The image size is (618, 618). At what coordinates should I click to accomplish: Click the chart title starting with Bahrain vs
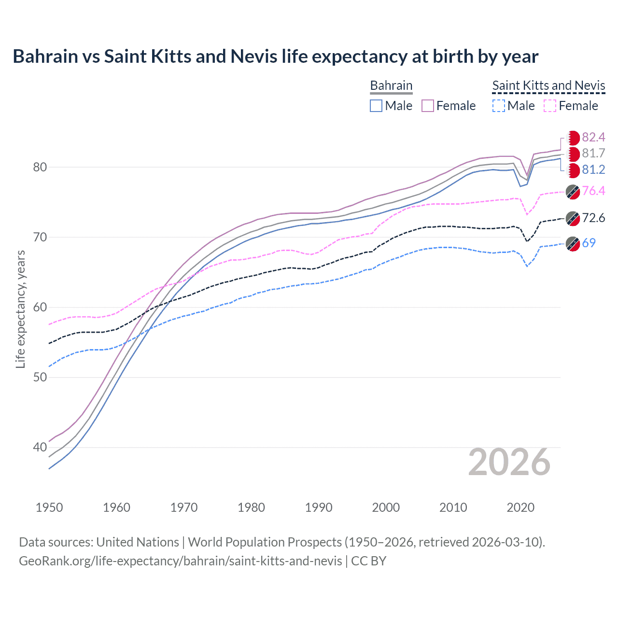point(275,56)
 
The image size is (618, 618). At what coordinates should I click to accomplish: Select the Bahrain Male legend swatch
point(376,106)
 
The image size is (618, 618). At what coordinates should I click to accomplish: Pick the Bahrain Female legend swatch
point(428,106)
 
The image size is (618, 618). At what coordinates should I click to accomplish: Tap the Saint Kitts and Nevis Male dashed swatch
point(499,106)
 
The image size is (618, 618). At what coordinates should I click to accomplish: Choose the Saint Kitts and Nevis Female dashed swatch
point(550,106)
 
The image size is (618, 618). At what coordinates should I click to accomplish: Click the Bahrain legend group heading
point(391,85)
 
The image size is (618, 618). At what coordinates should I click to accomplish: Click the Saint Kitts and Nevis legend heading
point(548,85)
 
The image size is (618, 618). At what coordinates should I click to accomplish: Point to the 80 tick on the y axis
point(40,167)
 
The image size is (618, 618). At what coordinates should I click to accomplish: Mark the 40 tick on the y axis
point(40,448)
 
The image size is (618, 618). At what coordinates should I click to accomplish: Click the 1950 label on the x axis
point(49,507)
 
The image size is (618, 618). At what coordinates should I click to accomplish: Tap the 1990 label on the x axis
point(319,507)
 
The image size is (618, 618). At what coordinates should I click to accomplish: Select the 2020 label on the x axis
point(520,507)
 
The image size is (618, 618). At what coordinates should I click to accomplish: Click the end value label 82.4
point(593,138)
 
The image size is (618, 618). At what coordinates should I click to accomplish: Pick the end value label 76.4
point(593,191)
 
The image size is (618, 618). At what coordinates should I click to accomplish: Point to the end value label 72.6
point(593,218)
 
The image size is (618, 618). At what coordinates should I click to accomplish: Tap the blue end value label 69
point(589,243)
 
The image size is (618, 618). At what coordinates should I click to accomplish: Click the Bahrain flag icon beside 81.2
point(573,170)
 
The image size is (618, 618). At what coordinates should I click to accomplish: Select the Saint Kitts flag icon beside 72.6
point(573,218)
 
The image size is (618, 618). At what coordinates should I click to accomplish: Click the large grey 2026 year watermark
point(509,463)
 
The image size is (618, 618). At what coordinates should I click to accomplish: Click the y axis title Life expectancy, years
point(21,309)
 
